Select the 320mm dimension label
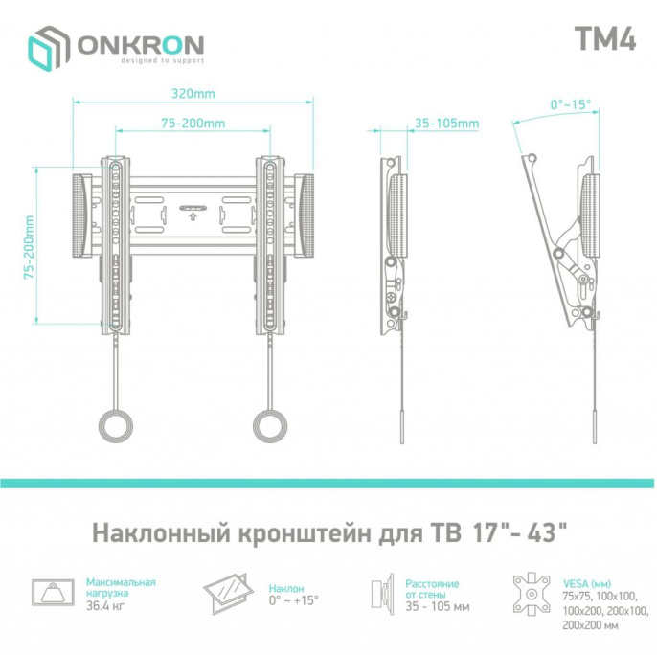193,95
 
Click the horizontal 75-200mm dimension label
193,124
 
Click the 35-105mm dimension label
446,124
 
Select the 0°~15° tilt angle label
570,104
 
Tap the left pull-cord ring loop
118,424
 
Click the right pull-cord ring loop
270,424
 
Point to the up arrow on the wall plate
193,215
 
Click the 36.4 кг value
106,605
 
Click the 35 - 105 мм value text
437,606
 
